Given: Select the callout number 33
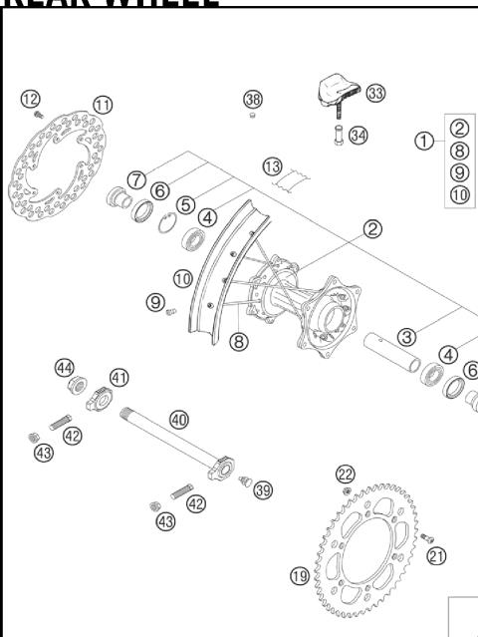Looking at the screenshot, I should pos(375,93).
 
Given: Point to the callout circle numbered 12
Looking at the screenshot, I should pos(30,98).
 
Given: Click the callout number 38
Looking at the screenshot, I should pos(253,99).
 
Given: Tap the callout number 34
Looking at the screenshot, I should pos(358,135).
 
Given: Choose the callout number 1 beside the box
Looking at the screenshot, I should pos(425,141).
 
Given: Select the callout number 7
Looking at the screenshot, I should pos(136,179).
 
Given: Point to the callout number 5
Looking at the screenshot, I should pos(185,203).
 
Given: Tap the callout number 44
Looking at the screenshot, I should pos(65,368).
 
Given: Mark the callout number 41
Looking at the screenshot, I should pos(119,377).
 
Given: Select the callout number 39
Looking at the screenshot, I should pos(263,489).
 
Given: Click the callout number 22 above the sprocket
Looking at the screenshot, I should pos(346,473).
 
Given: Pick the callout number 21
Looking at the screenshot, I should pos(437,556).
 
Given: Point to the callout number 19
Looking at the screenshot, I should pos(299,575).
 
